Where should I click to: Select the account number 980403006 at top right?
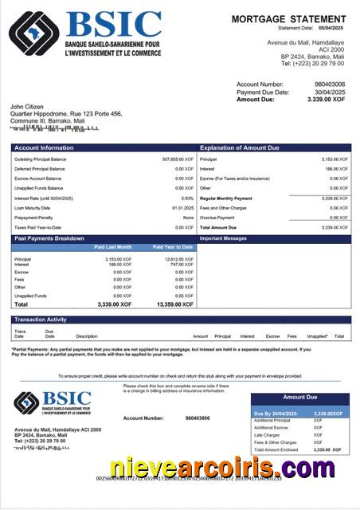[x=330, y=84]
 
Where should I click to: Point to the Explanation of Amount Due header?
[x=240, y=148]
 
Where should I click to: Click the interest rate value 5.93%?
[x=187, y=198]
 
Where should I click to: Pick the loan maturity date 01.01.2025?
[x=182, y=207]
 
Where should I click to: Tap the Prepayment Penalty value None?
[x=188, y=217]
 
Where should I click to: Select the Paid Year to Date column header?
[x=173, y=247]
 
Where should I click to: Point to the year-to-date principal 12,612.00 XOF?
[x=178, y=258]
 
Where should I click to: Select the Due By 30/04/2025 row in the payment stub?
[x=300, y=414]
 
